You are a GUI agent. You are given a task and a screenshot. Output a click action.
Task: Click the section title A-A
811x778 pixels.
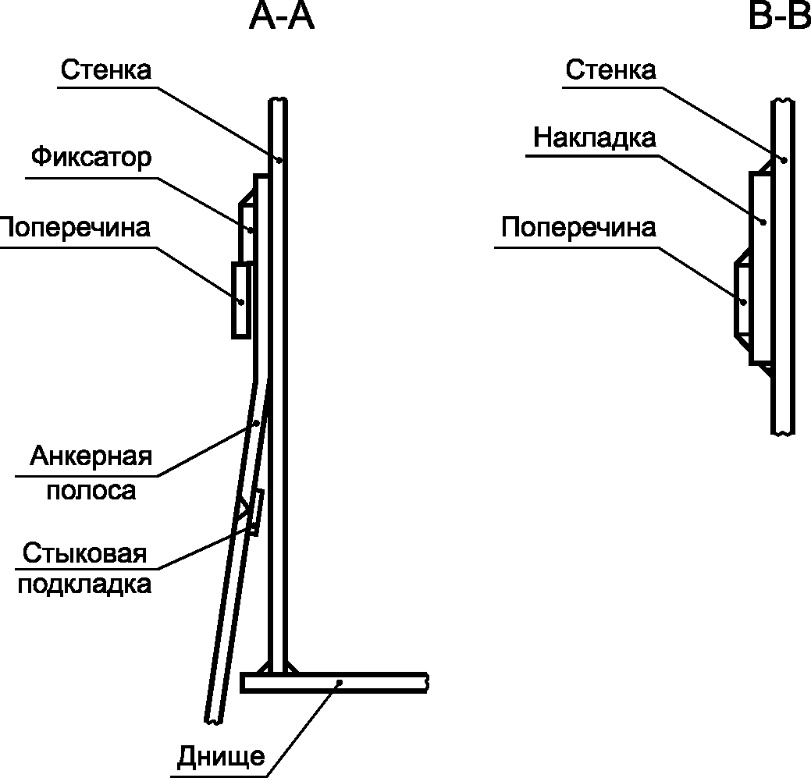(282, 16)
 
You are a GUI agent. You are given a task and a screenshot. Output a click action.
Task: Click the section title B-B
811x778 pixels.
(780, 16)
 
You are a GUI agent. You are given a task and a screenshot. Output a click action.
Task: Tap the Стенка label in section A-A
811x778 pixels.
(106, 69)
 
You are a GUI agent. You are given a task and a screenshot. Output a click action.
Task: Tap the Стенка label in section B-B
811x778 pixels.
(611, 69)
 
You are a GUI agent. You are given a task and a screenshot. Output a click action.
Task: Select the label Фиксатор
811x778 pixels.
(91, 157)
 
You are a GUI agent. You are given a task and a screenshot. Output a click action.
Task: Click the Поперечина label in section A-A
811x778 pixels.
(75, 227)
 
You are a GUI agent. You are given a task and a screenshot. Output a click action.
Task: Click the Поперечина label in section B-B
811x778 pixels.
(578, 227)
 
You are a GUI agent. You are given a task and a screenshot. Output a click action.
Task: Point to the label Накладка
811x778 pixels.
(595, 138)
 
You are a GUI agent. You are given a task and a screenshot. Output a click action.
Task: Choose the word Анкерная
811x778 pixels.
(91, 456)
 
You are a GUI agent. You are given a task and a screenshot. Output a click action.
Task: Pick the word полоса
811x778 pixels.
(91, 490)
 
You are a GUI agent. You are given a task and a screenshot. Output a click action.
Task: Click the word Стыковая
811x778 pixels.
(85, 553)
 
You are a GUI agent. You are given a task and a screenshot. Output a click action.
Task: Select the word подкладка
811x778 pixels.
(85, 584)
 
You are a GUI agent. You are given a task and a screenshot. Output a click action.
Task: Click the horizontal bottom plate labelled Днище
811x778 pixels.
(334, 682)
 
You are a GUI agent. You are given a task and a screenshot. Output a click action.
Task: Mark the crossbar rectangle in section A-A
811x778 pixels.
(241, 300)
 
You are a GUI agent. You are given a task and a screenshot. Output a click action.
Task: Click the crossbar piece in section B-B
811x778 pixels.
(742, 300)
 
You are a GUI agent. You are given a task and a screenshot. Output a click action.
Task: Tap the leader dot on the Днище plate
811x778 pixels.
(340, 682)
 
